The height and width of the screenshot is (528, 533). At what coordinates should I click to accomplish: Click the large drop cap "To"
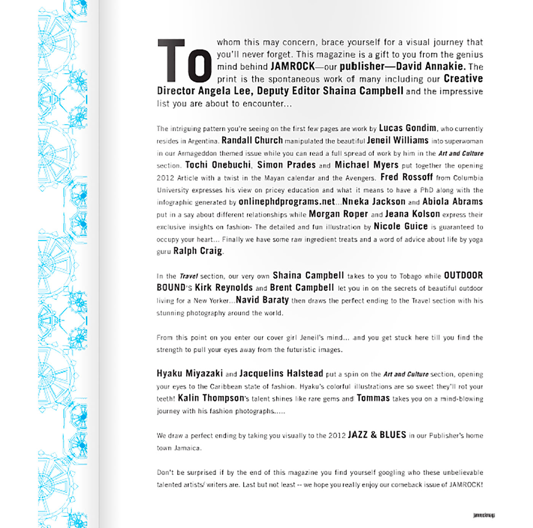pos(185,61)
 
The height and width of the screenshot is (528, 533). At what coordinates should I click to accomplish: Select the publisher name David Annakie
pos(431,66)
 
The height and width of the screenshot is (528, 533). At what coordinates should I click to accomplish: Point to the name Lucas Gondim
pos(407,128)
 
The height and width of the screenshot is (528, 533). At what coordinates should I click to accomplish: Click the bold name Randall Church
pos(252,140)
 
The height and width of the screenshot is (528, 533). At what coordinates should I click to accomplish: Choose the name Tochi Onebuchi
pos(218,165)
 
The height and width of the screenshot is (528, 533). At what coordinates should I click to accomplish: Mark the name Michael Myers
pos(366,165)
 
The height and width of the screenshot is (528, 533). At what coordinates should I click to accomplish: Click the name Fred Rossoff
pos(406,177)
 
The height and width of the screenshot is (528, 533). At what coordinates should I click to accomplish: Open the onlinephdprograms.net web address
pos(287,202)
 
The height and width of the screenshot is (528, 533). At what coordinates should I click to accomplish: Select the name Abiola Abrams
pos(452,202)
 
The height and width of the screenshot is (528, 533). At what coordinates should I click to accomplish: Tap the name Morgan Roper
pos(338,214)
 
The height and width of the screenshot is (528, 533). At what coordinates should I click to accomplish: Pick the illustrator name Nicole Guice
pos(401,227)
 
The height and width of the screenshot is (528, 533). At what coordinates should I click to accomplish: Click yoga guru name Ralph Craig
pos(198,251)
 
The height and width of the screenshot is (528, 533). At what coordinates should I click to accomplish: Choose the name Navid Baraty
pos(262,300)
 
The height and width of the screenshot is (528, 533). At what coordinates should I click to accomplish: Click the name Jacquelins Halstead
pos(281,373)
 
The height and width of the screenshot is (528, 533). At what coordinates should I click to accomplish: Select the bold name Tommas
pos(373,398)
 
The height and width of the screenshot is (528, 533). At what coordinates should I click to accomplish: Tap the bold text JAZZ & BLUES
pos(377,435)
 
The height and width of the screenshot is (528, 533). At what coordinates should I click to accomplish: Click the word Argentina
pos(203,141)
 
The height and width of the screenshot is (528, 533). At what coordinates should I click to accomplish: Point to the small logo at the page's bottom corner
pos(484,515)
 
